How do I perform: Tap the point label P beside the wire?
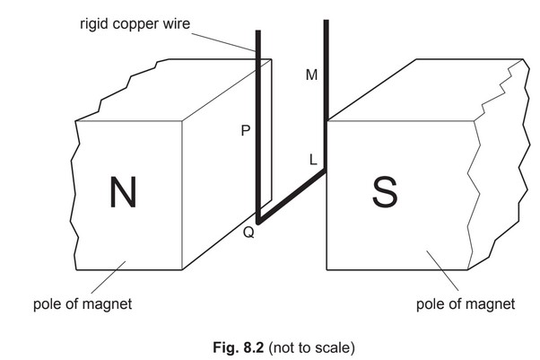coord(245,131)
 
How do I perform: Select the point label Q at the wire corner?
coord(248,233)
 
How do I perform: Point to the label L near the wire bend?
coord(312,160)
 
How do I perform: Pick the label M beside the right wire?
coord(311,75)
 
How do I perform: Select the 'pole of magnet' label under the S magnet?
coord(466,304)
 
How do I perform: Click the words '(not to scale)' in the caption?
coord(300,345)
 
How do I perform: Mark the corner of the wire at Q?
coord(258,220)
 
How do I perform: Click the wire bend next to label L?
coord(324,170)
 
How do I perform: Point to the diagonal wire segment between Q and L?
coord(292,194)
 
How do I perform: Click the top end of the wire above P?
coord(258,32)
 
